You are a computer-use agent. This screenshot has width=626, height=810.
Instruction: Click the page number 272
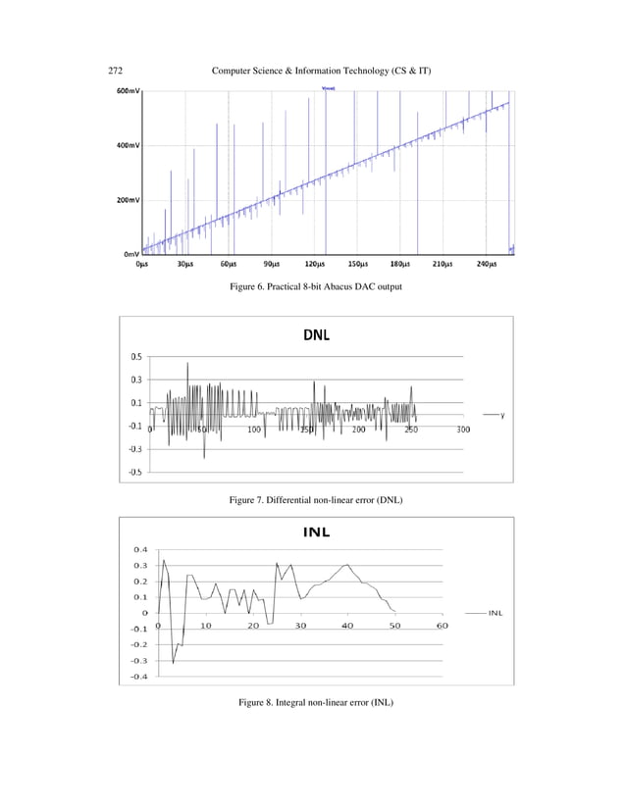point(114,73)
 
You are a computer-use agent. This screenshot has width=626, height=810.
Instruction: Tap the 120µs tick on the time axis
point(315,264)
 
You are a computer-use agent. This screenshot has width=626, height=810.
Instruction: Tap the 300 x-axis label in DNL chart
point(463,430)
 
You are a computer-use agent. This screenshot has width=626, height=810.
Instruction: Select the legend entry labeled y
point(502,415)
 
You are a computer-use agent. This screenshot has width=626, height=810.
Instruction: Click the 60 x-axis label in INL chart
point(442,625)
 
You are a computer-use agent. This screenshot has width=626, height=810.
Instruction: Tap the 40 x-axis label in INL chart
point(347,625)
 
